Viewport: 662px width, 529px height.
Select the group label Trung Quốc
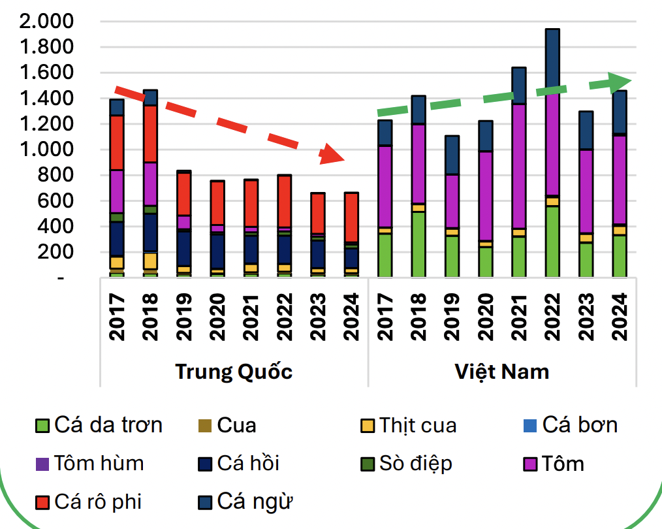tap(234, 372)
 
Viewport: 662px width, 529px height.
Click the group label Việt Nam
tap(501, 372)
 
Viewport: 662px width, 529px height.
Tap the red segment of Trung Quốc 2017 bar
tap(117, 142)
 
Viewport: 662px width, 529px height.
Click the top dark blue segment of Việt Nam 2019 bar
tap(452, 155)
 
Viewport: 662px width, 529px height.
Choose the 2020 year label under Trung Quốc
tap(217, 316)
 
